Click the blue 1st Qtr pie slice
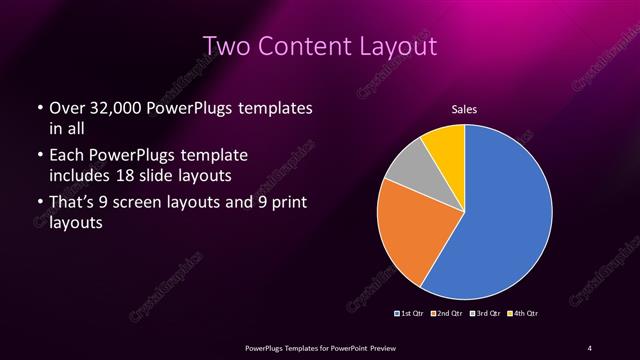500,220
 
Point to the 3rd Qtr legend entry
484,314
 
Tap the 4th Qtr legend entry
522,314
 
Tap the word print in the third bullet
284,204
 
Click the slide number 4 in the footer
589,347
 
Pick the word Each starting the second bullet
66,156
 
